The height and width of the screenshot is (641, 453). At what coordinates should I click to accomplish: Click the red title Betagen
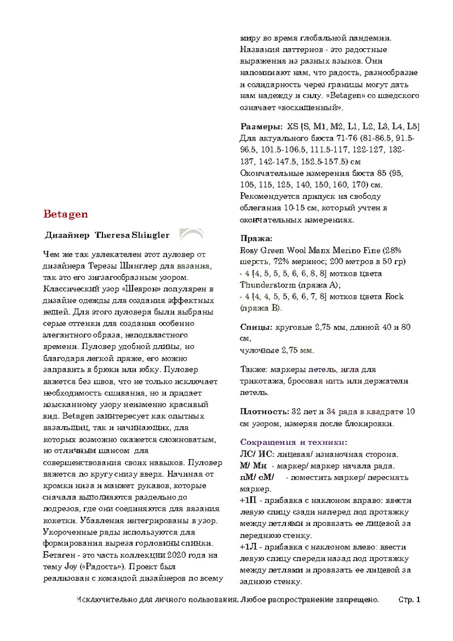[x=65, y=214]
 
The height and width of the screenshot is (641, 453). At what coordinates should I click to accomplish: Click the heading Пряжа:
[x=257, y=239]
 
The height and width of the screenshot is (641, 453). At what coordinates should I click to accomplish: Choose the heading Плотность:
[x=264, y=411]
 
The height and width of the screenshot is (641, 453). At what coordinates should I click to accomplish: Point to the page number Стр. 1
[x=409, y=599]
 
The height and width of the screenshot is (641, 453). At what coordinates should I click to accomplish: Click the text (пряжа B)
[x=261, y=308]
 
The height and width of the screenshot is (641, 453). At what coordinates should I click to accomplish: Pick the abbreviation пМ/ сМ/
[x=257, y=478]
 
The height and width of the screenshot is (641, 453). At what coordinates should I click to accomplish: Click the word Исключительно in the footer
[x=104, y=599]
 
